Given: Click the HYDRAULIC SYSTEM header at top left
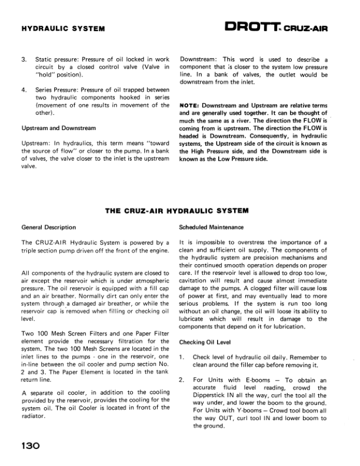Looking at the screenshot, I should pyautogui.click(x=63, y=28).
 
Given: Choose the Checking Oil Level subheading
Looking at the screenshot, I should pyautogui.click(x=204, y=342).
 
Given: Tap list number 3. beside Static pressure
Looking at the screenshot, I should pyautogui.click(x=24, y=60).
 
